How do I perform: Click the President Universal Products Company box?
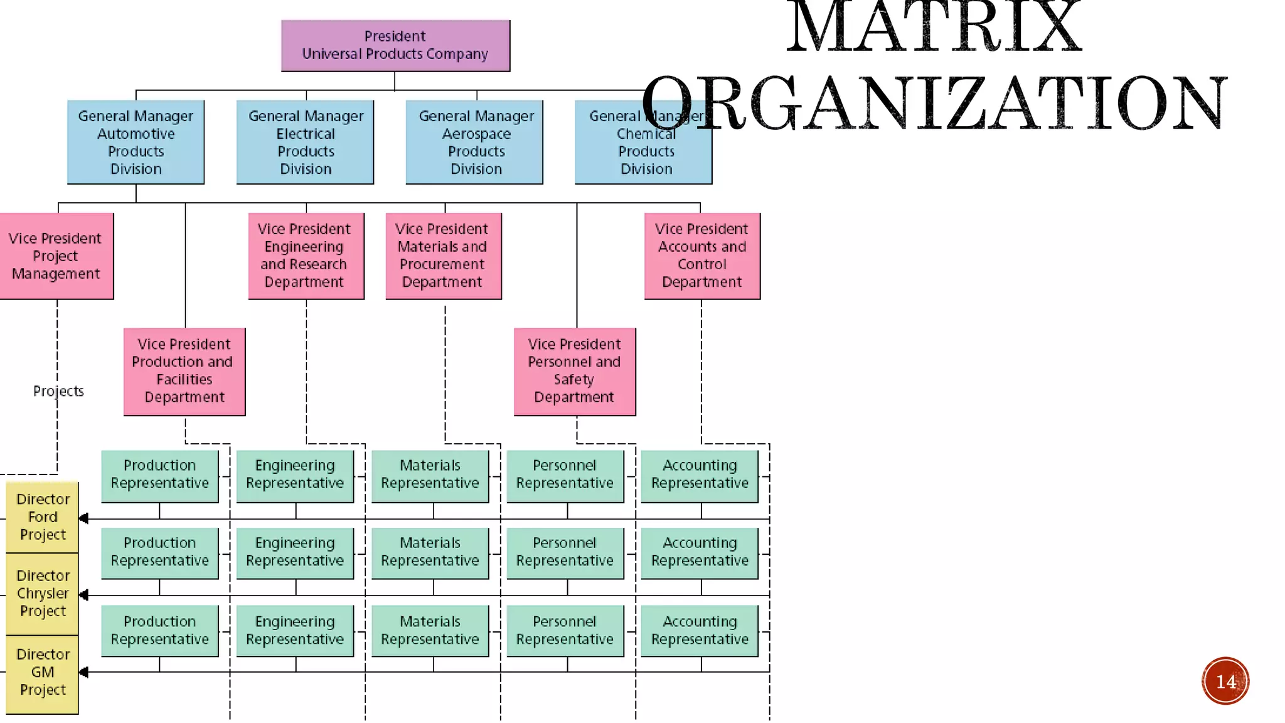point(395,46)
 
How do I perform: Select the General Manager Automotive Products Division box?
point(136,142)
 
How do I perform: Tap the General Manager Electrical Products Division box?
point(306,142)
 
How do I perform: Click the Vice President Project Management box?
point(56,256)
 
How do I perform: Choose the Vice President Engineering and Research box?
point(306,256)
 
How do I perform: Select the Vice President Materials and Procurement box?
point(443,256)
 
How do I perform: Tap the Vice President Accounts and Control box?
point(702,256)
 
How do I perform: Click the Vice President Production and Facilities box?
point(184,372)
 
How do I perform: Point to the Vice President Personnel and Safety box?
point(574,372)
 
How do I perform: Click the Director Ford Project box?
point(43,517)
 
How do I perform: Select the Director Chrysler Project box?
point(43,594)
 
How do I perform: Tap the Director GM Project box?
point(43,673)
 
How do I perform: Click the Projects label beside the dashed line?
point(58,391)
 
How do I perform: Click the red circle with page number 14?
point(1225,681)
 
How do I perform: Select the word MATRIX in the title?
point(934,28)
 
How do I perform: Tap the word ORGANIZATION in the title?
point(934,104)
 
